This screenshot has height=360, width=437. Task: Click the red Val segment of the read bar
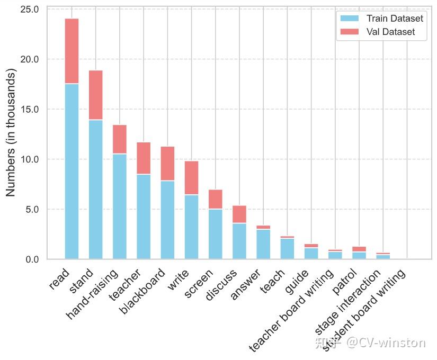[x=72, y=51]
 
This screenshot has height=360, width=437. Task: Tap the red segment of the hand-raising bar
[x=119, y=139]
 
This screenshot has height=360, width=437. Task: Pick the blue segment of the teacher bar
[x=144, y=217]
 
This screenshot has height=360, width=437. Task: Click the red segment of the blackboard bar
[x=167, y=164]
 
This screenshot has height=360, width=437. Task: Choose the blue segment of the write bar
[x=191, y=227]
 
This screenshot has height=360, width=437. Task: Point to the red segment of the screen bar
[x=215, y=199]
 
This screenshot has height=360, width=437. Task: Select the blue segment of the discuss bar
[x=239, y=241]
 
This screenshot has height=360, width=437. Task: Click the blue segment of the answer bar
[x=263, y=244]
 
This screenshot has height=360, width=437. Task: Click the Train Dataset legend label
[x=395, y=19]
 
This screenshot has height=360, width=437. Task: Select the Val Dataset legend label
[x=390, y=32]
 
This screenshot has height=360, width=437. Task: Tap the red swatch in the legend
[x=350, y=32]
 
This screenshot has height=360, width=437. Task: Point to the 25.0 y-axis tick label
[x=29, y=9]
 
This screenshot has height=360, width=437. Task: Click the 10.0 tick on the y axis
[x=29, y=159]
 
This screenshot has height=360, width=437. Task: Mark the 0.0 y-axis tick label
[x=31, y=259]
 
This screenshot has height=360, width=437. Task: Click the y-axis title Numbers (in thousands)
[x=11, y=133]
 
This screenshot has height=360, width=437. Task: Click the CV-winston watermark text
[x=386, y=343]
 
